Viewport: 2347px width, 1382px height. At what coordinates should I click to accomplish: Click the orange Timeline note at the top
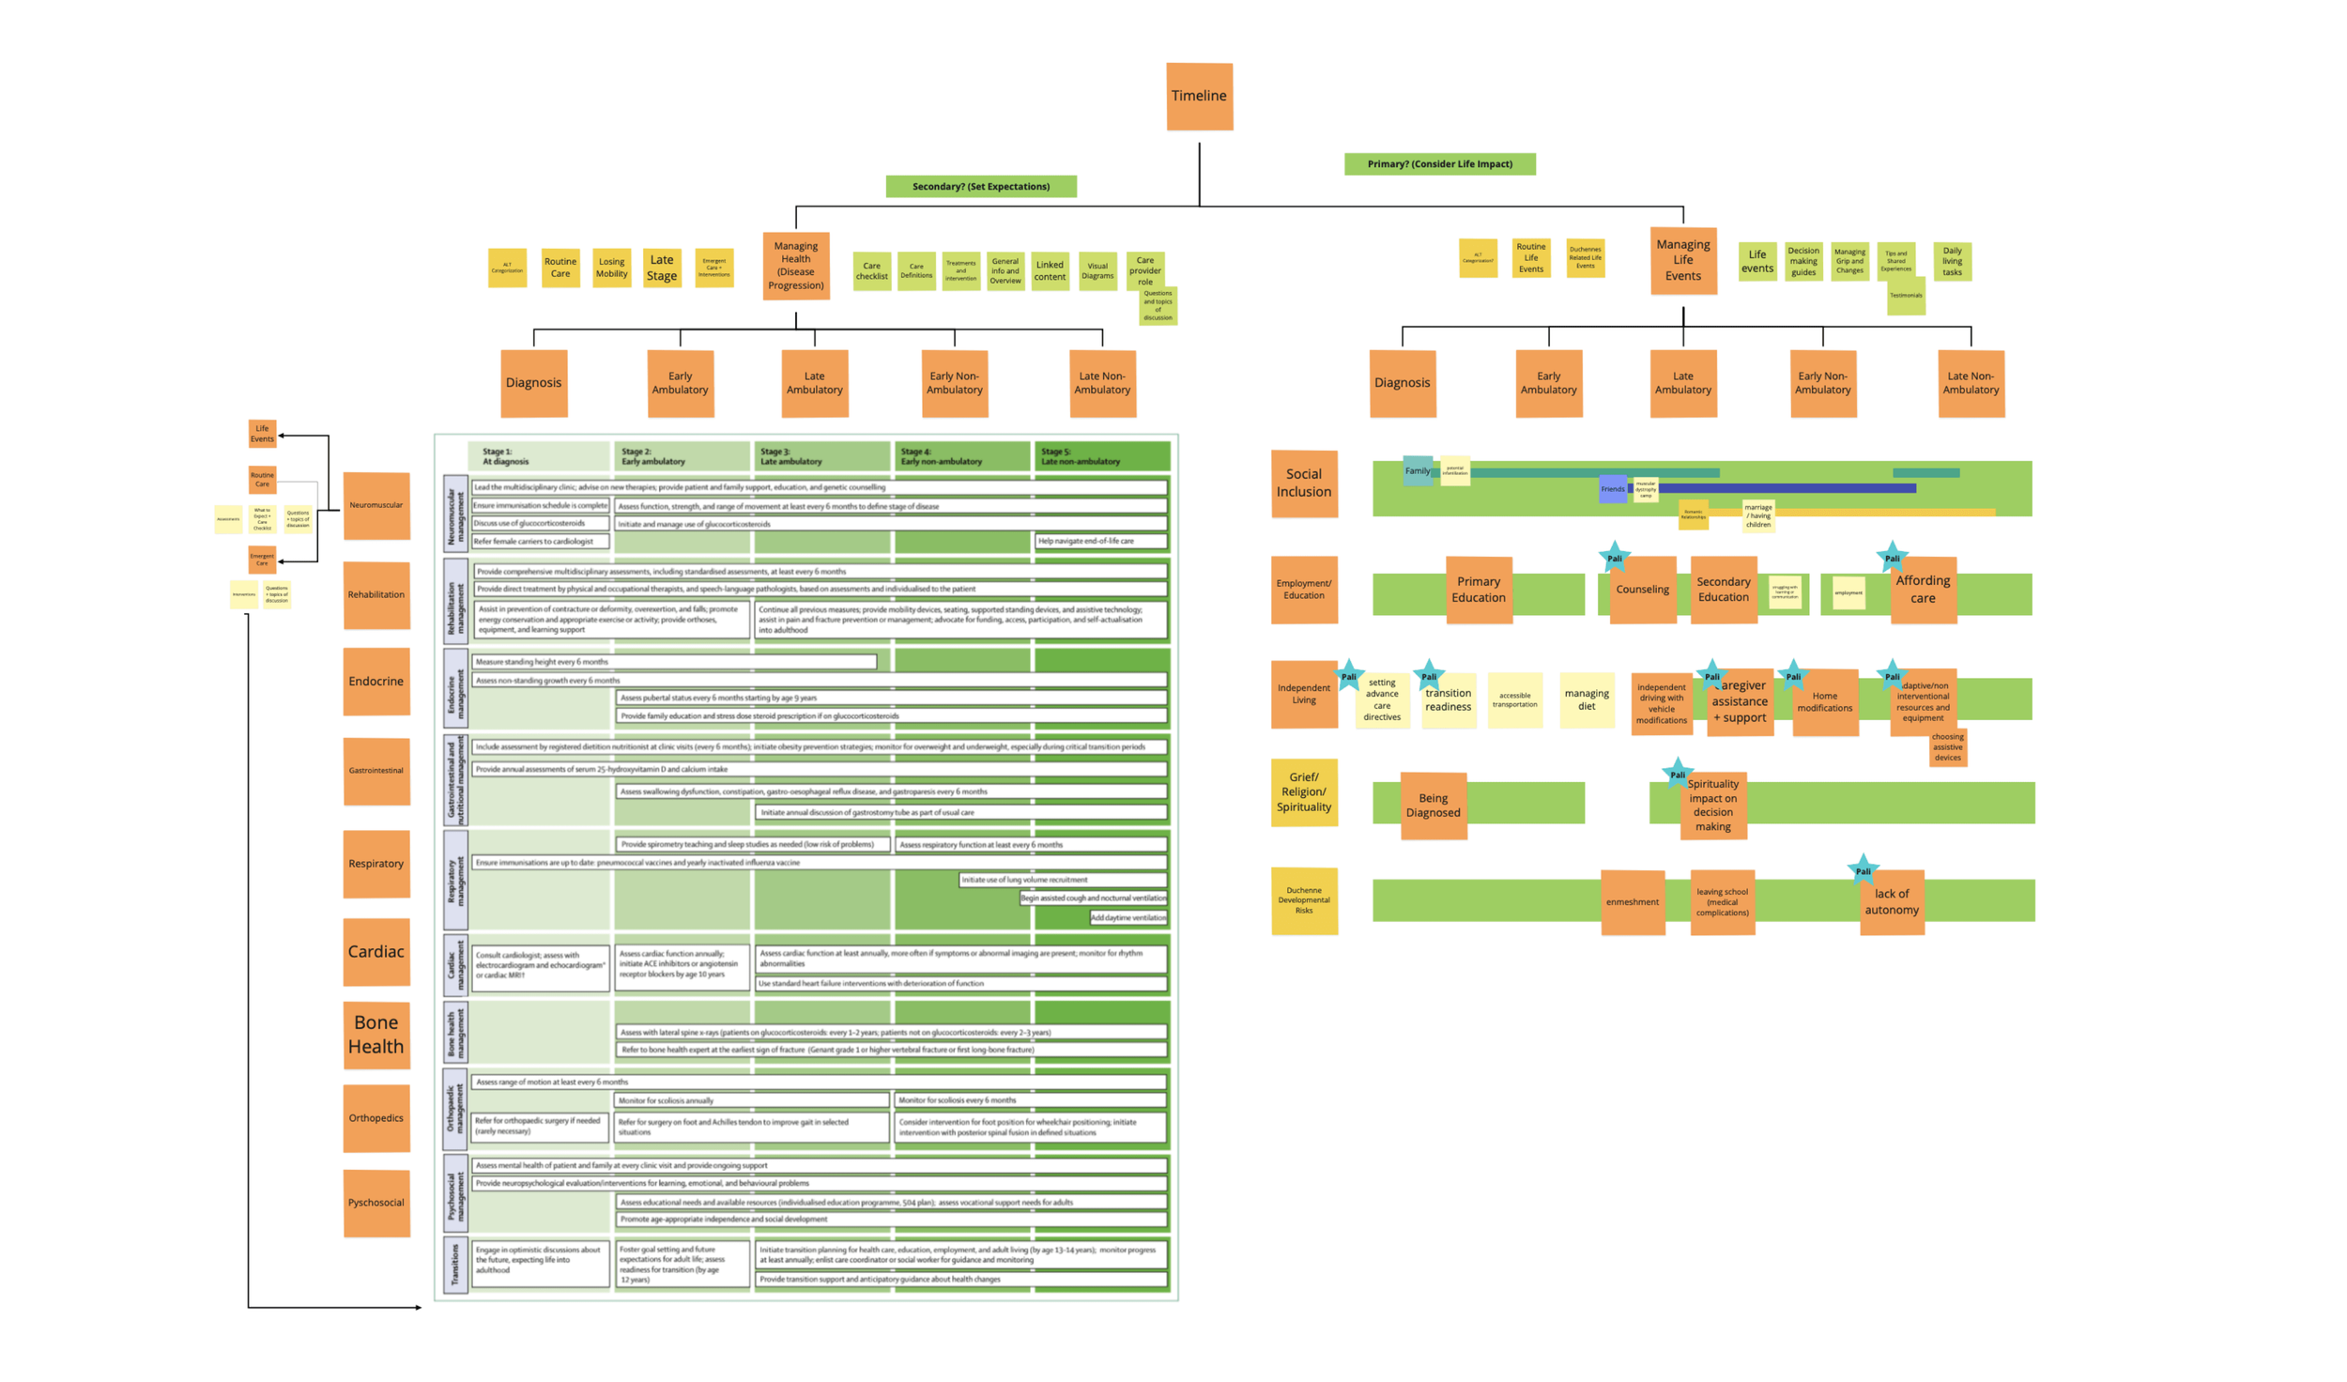click(1199, 96)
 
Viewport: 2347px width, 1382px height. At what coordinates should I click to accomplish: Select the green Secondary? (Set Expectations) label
click(981, 186)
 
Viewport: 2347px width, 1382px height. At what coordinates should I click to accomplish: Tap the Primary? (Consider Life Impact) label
click(1439, 163)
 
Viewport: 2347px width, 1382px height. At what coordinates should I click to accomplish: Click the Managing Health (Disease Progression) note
click(795, 266)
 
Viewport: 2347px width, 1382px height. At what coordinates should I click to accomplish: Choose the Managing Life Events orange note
click(1682, 260)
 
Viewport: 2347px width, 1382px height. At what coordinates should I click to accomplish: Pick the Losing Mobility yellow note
click(611, 268)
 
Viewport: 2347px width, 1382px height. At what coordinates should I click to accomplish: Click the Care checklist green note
click(871, 270)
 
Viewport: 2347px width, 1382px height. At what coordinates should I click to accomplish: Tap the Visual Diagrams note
click(1097, 270)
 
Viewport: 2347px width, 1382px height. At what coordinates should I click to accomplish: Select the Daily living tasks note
click(1952, 261)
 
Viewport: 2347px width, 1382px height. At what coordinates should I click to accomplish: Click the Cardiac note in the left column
click(376, 951)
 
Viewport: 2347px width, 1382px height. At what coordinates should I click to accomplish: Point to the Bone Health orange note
click(376, 1034)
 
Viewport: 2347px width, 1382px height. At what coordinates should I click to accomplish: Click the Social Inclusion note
click(1303, 483)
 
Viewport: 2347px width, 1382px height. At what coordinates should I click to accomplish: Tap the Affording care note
click(1922, 589)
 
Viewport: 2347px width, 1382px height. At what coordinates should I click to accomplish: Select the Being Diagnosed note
click(1433, 805)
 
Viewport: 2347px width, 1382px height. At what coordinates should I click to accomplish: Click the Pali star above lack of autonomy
click(1863, 869)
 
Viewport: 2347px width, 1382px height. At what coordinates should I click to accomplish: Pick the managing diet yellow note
click(1586, 699)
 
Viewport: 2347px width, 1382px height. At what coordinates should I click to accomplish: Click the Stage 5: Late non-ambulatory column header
click(1100, 456)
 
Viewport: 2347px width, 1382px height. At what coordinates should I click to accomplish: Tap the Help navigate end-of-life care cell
click(1100, 541)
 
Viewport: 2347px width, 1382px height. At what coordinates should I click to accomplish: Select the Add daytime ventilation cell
click(1127, 917)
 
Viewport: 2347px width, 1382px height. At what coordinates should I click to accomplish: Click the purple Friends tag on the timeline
click(1612, 488)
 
